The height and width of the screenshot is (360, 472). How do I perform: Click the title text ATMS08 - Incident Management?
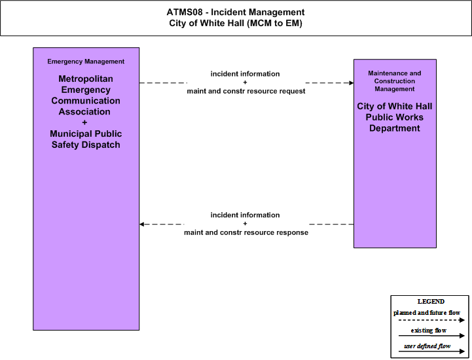coord(236,12)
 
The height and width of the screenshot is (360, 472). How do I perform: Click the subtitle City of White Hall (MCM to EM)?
coord(236,23)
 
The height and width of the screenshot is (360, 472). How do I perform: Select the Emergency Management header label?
coord(86,62)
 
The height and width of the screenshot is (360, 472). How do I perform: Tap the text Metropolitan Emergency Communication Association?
coord(86,95)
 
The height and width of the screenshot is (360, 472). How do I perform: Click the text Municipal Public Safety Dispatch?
coord(86,139)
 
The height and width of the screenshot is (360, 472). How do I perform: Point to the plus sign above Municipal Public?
coord(84,122)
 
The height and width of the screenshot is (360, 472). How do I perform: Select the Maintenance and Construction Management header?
coord(395,81)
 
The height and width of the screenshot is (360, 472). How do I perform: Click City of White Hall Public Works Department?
coord(395,117)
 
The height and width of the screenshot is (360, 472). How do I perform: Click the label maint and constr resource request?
coord(246,91)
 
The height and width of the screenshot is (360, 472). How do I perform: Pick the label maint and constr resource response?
coord(246,232)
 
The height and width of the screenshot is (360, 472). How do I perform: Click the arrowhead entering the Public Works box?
coord(352,82)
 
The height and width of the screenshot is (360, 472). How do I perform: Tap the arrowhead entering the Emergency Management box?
coord(142,225)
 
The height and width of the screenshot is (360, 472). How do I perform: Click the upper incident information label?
coord(245,74)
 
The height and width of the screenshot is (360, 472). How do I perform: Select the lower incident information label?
coord(245,215)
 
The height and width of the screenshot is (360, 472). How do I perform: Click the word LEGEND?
coord(431,301)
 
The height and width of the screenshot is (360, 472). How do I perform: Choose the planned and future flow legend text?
coord(427,313)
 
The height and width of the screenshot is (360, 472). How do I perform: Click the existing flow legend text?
coord(429,331)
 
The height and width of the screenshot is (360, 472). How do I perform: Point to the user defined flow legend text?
coord(427,346)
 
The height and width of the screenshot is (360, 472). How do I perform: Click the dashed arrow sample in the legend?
coord(431,320)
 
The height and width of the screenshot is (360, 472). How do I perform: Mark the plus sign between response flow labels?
coord(245,224)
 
